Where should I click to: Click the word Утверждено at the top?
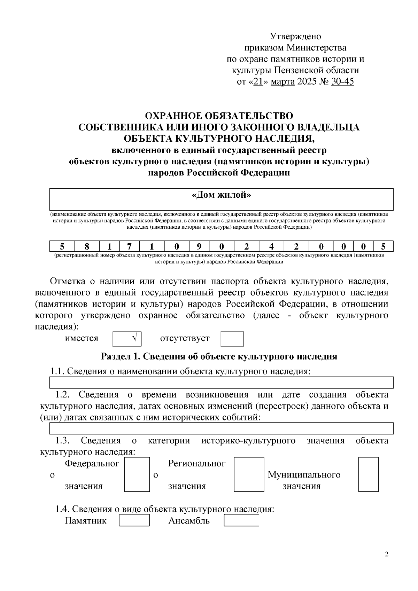[295, 36]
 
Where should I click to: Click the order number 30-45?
[342, 82]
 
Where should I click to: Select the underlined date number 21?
[258, 82]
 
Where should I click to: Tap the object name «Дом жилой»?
[221, 195]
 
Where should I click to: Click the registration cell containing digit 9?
[199, 246]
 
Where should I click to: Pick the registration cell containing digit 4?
[271, 246]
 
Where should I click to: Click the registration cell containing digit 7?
[129, 246]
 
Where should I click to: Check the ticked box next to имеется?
[127, 339]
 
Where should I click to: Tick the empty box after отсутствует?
[232, 339]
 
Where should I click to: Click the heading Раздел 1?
[219, 356]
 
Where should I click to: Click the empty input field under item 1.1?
[221, 382]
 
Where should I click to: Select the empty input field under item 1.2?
[221, 428]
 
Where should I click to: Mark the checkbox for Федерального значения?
[137, 474]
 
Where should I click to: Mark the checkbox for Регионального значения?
[248, 474]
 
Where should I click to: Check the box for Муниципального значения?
[368, 474]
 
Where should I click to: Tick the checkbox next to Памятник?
[134, 521]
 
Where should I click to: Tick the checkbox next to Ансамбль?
[241, 521]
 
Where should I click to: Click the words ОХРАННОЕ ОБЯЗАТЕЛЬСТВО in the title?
[219, 116]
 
